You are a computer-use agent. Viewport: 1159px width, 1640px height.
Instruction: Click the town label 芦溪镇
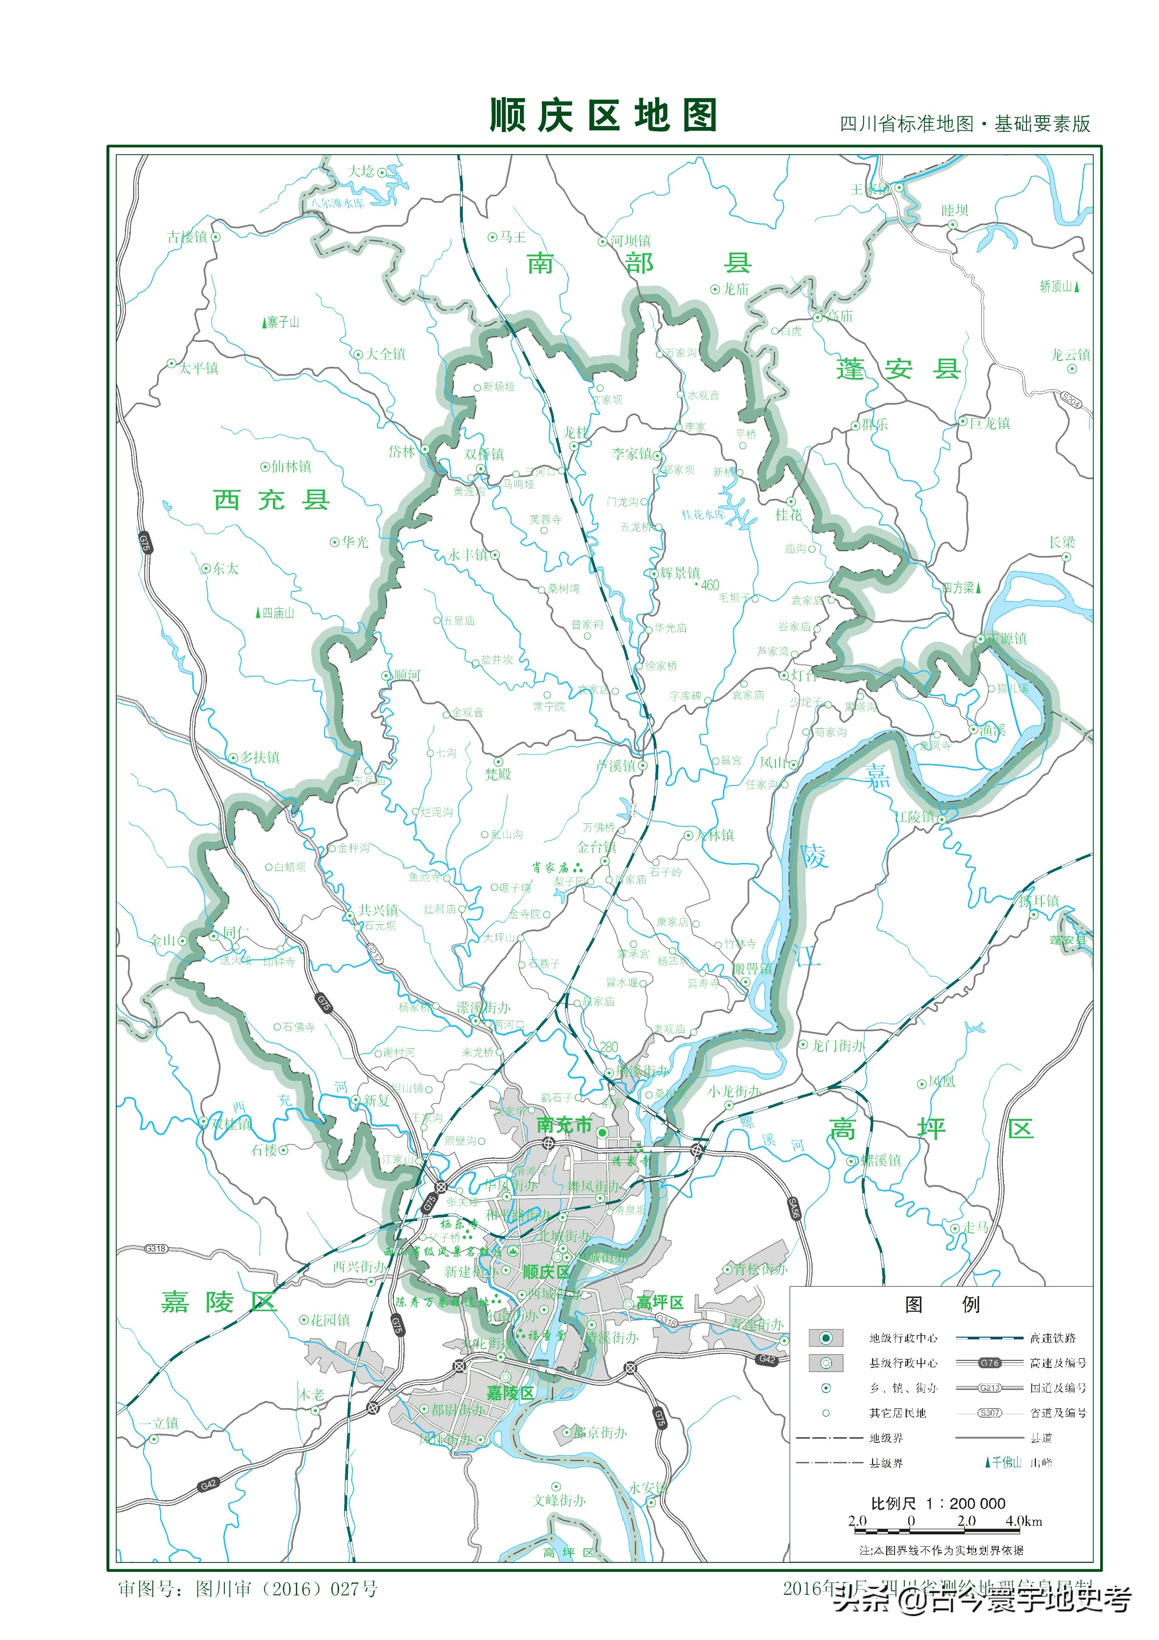pos(616,765)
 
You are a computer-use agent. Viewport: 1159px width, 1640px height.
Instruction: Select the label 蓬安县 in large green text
pos(898,369)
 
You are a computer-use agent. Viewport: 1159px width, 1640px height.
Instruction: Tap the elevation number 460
pos(709,585)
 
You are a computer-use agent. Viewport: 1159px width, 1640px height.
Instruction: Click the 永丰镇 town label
pos(468,554)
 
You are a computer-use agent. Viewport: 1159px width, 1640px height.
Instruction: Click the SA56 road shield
pos(794,1207)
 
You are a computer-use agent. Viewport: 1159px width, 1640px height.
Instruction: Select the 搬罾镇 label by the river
pos(752,969)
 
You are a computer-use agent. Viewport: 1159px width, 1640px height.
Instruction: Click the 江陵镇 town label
pos(914,817)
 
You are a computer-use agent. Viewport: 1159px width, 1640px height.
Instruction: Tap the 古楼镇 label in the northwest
pos(187,236)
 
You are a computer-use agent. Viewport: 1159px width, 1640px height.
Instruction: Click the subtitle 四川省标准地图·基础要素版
pos(964,124)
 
